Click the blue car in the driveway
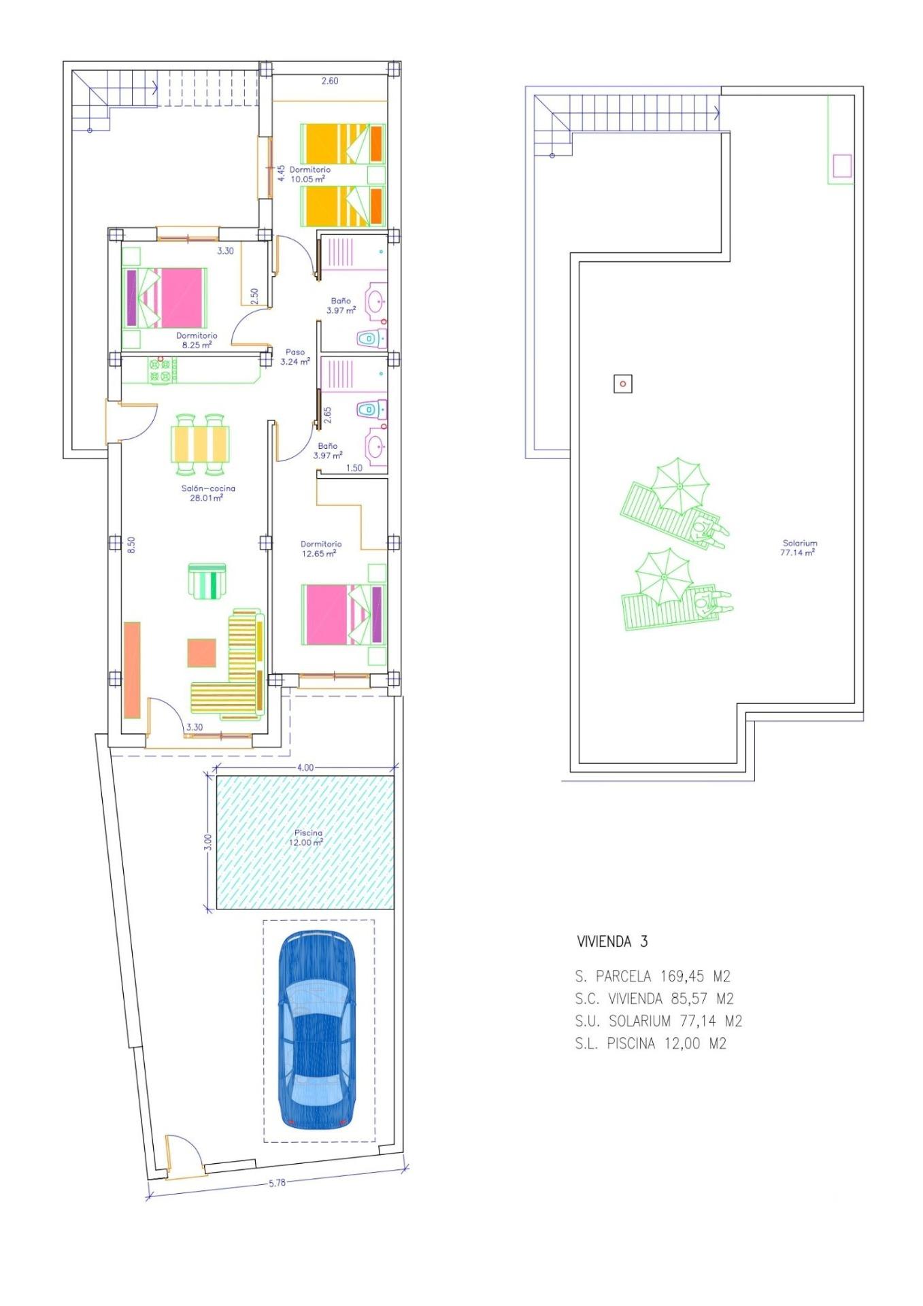pyautogui.click(x=317, y=1030)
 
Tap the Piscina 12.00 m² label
pyautogui.click(x=308, y=837)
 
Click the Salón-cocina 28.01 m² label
pyautogui.click(x=207, y=492)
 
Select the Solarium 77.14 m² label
pyautogui.click(x=799, y=548)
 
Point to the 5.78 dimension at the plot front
pyautogui.click(x=277, y=1183)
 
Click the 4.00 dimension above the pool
pyautogui.click(x=305, y=767)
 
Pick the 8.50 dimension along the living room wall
pyautogui.click(x=131, y=544)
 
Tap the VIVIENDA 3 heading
pyautogui.click(x=611, y=941)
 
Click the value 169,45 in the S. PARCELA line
pyautogui.click(x=683, y=977)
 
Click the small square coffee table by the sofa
pyautogui.click(x=201, y=652)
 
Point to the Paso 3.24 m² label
pyautogui.click(x=295, y=357)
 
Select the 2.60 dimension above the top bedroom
pyautogui.click(x=329, y=80)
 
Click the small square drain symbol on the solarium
pyautogui.click(x=622, y=384)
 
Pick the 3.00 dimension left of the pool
pyautogui.click(x=208, y=841)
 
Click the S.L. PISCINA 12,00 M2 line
pyautogui.click(x=650, y=1043)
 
